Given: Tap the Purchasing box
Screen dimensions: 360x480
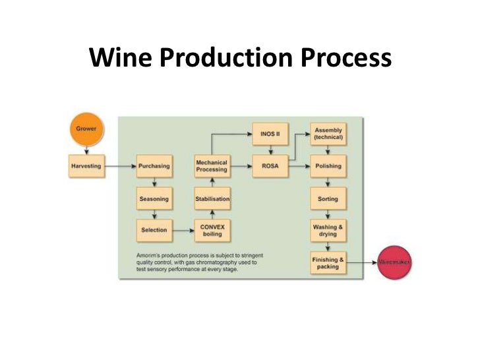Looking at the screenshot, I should (x=154, y=166).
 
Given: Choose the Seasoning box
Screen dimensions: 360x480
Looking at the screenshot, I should (x=154, y=198).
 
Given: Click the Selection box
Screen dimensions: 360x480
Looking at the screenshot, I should (x=154, y=230).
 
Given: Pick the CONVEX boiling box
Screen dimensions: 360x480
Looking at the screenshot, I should (x=212, y=230).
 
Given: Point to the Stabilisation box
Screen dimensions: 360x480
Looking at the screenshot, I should (x=212, y=198).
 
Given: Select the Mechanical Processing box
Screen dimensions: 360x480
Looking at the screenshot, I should (x=212, y=166).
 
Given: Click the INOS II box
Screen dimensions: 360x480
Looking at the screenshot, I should (x=270, y=134).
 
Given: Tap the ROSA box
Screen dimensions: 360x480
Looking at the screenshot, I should (x=270, y=166).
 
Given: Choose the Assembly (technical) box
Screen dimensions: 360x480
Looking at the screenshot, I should (x=328, y=134).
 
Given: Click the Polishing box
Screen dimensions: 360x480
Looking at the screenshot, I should (x=328, y=166).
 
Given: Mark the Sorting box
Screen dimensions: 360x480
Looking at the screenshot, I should (x=328, y=198).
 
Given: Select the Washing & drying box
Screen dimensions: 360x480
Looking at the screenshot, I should (x=328, y=230).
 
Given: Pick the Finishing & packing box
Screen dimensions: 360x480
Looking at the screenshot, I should (x=328, y=262).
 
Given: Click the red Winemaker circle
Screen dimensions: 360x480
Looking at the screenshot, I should (x=394, y=262).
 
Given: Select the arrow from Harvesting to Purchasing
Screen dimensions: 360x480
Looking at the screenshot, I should (x=119, y=166).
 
